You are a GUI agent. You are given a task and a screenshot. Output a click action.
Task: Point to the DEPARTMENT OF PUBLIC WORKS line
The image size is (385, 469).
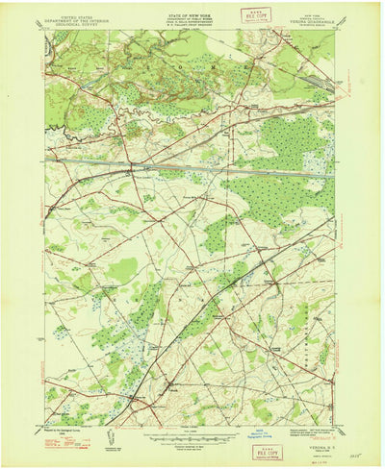point(190,13)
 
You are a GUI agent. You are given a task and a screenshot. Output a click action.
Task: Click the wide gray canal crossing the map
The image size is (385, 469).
point(192,170)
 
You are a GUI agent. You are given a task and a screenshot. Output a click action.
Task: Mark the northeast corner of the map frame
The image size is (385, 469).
point(336,30)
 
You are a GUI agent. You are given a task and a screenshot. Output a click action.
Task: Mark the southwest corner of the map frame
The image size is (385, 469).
point(45,427)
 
